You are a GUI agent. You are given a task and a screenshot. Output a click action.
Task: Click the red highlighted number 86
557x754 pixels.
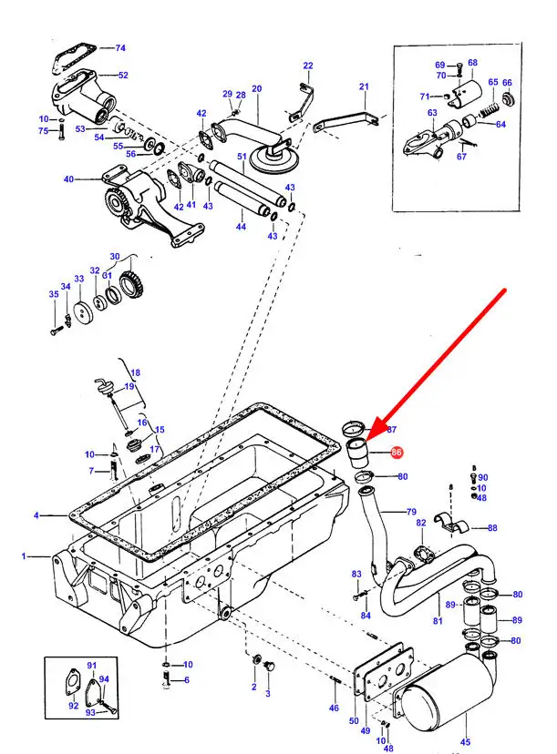pyautogui.click(x=396, y=452)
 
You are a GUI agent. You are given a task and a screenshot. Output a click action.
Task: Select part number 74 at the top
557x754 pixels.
pyautogui.click(x=120, y=47)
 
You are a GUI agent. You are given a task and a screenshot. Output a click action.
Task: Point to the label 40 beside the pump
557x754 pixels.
pyautogui.click(x=68, y=179)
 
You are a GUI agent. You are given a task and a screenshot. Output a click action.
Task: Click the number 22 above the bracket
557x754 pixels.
pyautogui.click(x=308, y=66)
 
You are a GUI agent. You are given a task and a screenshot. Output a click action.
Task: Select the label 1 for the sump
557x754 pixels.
pyautogui.click(x=24, y=555)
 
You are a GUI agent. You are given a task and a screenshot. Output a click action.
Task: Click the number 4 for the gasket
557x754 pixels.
pyautogui.click(x=36, y=515)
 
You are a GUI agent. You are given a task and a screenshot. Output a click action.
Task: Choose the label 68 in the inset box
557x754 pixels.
pyautogui.click(x=472, y=63)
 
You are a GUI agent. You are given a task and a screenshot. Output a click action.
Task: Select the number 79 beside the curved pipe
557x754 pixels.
pyautogui.click(x=411, y=511)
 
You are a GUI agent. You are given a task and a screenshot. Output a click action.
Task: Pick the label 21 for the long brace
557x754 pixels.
pyautogui.click(x=364, y=87)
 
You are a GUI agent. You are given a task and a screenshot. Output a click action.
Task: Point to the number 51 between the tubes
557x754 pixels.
pyautogui.click(x=242, y=157)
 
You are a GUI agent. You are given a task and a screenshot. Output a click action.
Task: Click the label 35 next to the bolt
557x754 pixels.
pyautogui.click(x=53, y=294)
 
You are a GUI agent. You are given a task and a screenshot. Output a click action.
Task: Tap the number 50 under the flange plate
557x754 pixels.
pyautogui.click(x=354, y=721)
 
